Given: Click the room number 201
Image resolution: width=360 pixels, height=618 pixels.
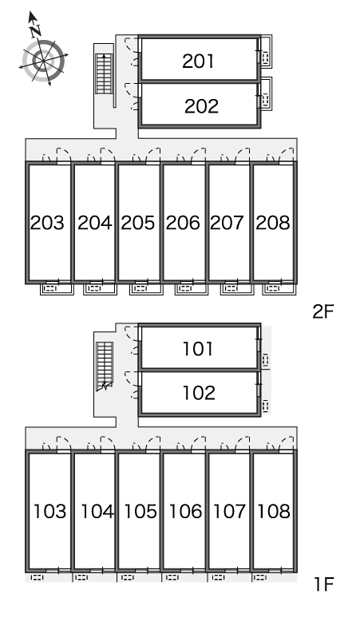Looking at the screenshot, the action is (x=198, y=61).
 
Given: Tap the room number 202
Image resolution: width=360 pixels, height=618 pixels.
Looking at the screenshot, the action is (x=201, y=106).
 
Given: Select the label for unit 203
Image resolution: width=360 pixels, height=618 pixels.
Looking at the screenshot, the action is (x=47, y=223).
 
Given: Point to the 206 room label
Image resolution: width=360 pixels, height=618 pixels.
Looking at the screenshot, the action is (x=183, y=223).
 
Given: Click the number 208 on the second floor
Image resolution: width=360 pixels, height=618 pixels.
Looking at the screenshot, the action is (x=273, y=223).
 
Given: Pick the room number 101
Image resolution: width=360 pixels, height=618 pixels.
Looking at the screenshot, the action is (x=198, y=349).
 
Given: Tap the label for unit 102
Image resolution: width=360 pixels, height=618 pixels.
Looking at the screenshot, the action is (x=199, y=393).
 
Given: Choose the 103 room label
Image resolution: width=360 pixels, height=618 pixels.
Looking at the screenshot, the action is (x=49, y=511).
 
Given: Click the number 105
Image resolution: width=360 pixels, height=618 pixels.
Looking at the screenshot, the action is (x=140, y=511).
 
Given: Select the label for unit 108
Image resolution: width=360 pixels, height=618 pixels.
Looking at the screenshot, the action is (x=274, y=511).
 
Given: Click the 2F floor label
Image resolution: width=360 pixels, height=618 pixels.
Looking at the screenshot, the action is (x=323, y=311).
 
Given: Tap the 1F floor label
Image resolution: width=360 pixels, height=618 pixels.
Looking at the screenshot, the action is (x=324, y=584).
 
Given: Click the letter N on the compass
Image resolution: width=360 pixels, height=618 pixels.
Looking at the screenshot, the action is (x=37, y=30).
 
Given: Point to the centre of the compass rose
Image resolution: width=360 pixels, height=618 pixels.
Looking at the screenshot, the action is (x=43, y=61).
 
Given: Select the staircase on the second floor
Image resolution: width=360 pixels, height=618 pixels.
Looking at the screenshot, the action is (x=104, y=73).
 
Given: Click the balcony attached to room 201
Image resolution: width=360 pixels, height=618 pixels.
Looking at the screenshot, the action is (x=266, y=51).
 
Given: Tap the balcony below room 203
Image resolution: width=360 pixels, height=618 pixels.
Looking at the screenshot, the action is (x=57, y=289).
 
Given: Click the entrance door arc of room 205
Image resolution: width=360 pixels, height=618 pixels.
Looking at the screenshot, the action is (x=153, y=155).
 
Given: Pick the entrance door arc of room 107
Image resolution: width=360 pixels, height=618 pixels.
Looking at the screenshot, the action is (x=243, y=443).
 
